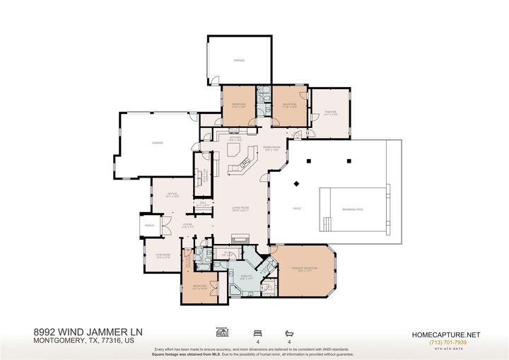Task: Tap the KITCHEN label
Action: [x=235, y=138]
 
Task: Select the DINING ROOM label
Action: [x=271, y=147]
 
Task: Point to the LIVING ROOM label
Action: [x=241, y=208]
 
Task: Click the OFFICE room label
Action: [x=171, y=193]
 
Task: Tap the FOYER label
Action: [x=187, y=224]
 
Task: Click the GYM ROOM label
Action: [x=164, y=256]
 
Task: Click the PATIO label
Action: [x=298, y=208]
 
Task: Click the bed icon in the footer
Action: [x=257, y=331]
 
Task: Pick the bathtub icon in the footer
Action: [x=288, y=331]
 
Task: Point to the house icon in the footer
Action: [x=223, y=331]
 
